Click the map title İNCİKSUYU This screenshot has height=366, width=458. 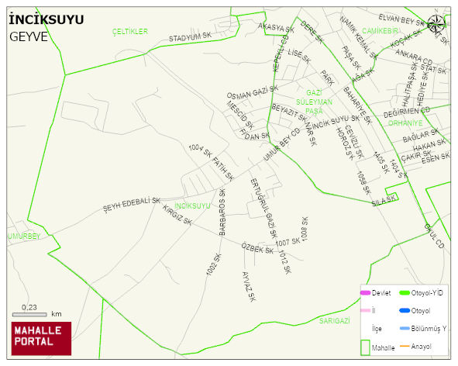click(x=47, y=20)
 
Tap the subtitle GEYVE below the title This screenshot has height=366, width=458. click(x=29, y=36)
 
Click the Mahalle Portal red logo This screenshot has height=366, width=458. click(x=40, y=337)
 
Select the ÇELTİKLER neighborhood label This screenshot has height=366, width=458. click(x=129, y=31)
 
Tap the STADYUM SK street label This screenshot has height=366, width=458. click(x=190, y=36)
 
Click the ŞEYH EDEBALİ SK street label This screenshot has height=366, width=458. click(x=131, y=205)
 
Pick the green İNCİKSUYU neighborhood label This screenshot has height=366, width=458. click(x=192, y=205)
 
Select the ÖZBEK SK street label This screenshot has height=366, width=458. click(x=257, y=249)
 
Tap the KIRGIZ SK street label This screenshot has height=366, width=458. click(x=177, y=215)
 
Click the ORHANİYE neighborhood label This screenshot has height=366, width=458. click(x=405, y=123)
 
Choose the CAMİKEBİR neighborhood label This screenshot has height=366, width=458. click(x=380, y=31)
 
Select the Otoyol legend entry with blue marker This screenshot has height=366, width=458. click(x=419, y=311)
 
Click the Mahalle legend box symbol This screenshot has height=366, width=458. click(x=364, y=347)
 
